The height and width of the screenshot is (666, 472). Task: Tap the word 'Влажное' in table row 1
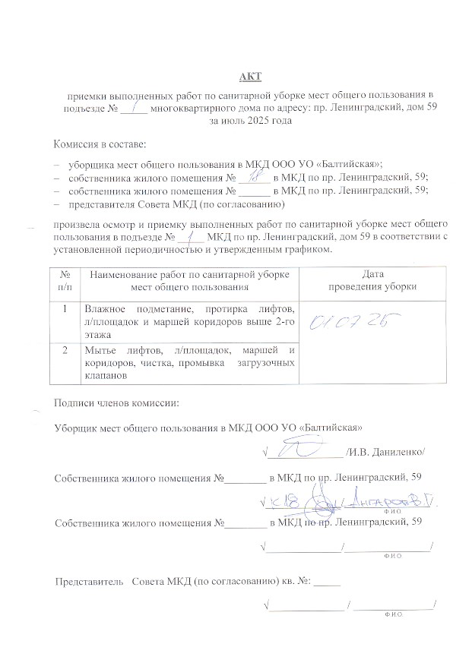coord(105,308)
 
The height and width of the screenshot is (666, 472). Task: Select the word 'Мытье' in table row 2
coord(100,350)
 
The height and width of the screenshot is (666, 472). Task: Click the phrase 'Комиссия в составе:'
coord(99,144)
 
